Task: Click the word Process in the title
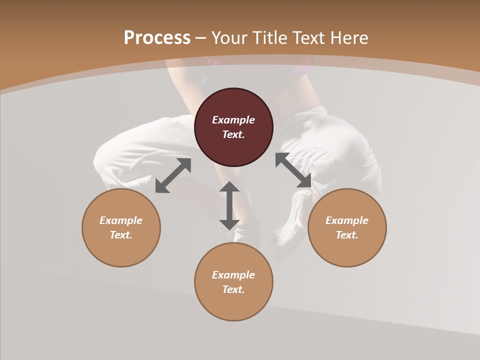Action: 157,38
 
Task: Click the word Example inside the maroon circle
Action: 233,120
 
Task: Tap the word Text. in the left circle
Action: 121,235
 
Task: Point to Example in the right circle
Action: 347,220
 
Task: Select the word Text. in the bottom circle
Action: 233,289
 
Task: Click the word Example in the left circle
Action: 121,220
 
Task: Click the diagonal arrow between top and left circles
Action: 173,175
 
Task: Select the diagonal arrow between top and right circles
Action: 293,170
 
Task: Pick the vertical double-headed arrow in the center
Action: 229,205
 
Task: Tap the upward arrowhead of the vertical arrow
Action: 229,187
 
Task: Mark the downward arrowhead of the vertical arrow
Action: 229,224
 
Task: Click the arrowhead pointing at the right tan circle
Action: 305,181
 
